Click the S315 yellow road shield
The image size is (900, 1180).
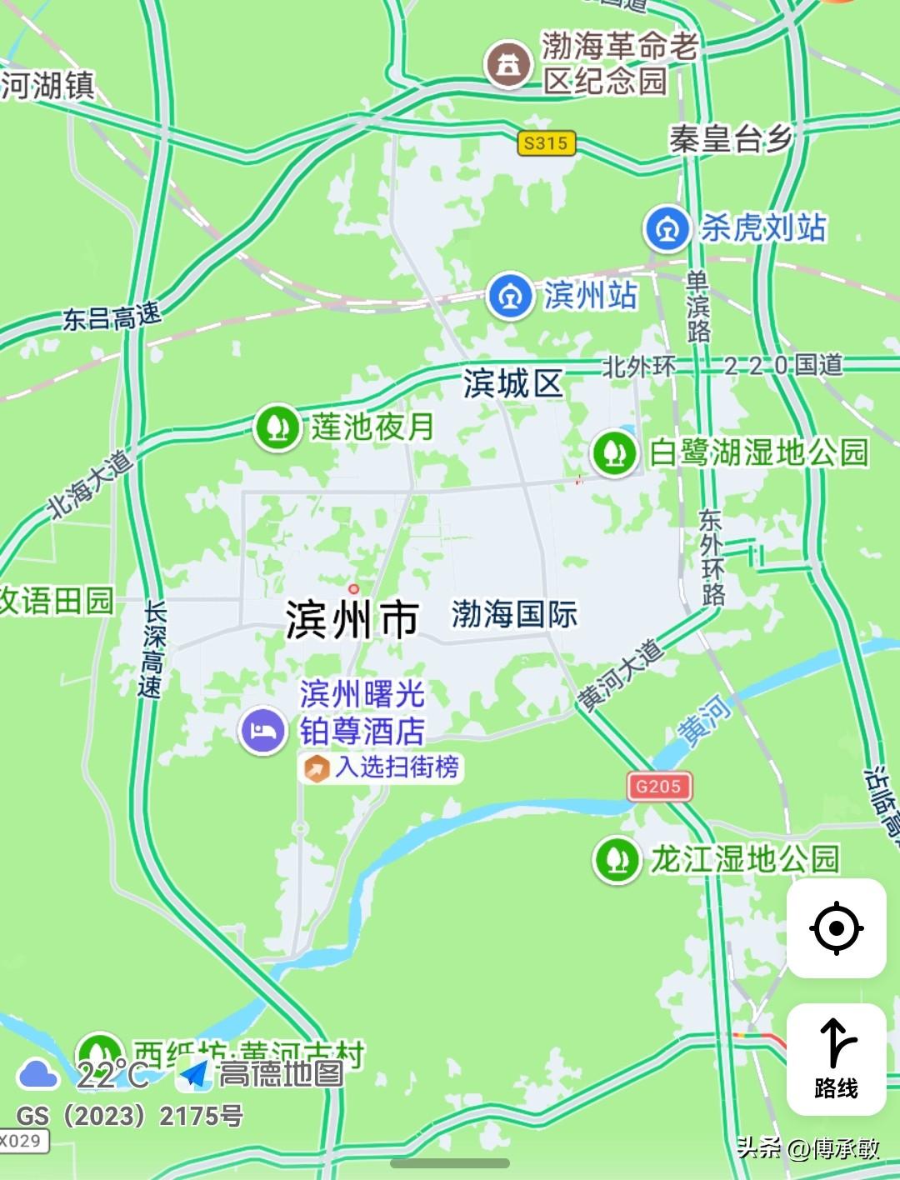click(546, 143)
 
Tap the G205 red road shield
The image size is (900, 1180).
click(658, 786)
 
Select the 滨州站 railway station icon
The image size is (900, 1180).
click(510, 296)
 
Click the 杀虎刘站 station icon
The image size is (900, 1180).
click(667, 228)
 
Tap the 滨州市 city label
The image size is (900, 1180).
click(352, 619)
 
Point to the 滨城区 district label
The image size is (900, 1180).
click(513, 384)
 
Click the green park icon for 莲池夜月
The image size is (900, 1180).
click(277, 427)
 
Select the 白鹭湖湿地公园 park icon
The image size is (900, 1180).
click(615, 452)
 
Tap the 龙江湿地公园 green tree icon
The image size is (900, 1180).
click(617, 859)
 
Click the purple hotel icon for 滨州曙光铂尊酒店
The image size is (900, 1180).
click(262, 731)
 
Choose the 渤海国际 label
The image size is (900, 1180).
click(514, 615)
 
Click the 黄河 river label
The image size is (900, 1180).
click(705, 719)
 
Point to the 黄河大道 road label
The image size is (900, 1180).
click(621, 676)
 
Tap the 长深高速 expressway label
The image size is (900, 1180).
click(153, 649)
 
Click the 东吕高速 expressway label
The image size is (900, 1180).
click(112, 317)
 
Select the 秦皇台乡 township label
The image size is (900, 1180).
click(730, 139)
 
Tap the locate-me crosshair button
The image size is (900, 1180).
click(836, 928)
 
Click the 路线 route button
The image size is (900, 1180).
click(836, 1059)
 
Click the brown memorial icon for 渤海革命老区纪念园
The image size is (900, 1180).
click(508, 64)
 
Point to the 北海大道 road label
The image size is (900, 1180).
click(89, 484)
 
